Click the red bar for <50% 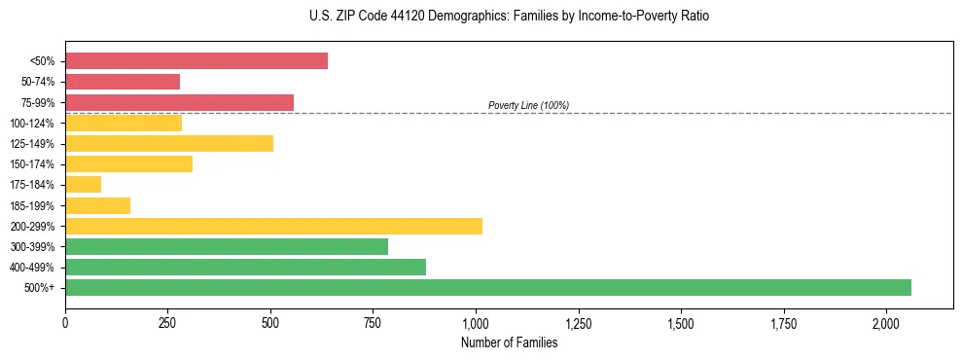coord(196,61)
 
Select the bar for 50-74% coord(123,82)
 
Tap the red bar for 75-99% coord(179,102)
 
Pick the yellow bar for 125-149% coord(169,144)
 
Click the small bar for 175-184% coord(84,185)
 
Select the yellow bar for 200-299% coord(273,226)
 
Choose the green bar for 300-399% coord(227,246)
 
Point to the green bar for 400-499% coord(245,267)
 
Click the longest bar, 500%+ coord(488,287)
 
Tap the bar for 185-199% coord(98,205)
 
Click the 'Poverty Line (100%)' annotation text coord(528,105)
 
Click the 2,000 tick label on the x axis coord(886,322)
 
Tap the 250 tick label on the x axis coord(167,322)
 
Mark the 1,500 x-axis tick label coord(681,322)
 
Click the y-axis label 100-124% coord(32,124)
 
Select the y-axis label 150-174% coord(32,164)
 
